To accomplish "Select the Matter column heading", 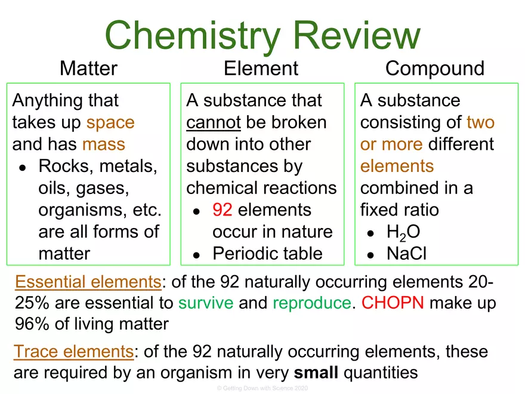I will click(88, 69).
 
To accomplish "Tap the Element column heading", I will click(261, 69).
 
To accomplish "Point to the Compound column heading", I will click(434, 69).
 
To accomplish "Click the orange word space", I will click(110, 122).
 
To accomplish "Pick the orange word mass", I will click(104, 144).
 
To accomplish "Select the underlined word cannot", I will click(213, 122).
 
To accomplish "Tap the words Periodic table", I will click(267, 254).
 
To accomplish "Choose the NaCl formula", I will click(406, 254).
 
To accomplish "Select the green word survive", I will click(206, 303).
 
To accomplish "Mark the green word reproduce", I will click(311, 303).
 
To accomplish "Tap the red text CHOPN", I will click(393, 303).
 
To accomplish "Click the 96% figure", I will click(30, 324).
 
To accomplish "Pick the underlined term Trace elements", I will click(74, 352).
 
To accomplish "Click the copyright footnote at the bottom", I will click(262, 388).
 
